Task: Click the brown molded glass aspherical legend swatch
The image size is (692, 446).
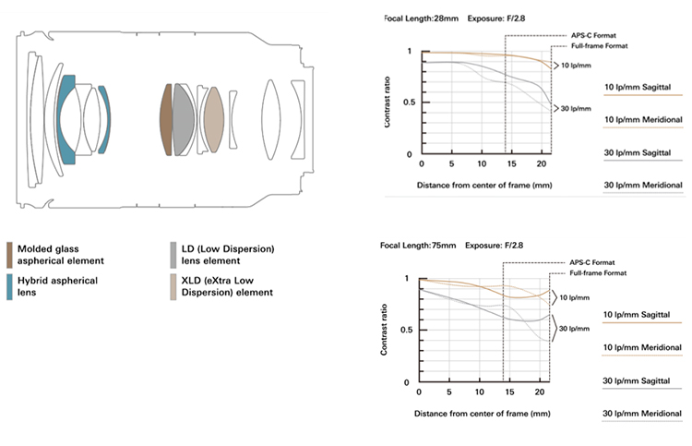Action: (x=9, y=253)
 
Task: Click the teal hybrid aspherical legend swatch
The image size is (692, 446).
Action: (x=9, y=284)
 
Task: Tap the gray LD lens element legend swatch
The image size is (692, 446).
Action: (x=173, y=253)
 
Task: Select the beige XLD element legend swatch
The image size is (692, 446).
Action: (x=173, y=284)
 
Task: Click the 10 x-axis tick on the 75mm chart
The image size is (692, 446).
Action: (x=479, y=391)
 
